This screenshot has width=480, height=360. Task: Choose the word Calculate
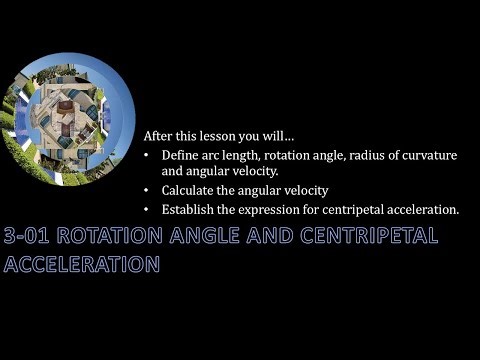click(187, 190)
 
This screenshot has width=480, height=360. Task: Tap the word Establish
click(186, 210)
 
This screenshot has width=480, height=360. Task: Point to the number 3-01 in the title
click(27, 239)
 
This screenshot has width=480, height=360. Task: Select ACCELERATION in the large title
click(82, 265)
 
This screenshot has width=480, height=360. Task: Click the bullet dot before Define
click(149, 156)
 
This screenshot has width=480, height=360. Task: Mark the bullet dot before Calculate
click(149, 190)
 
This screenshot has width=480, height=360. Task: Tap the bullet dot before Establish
click(149, 210)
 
